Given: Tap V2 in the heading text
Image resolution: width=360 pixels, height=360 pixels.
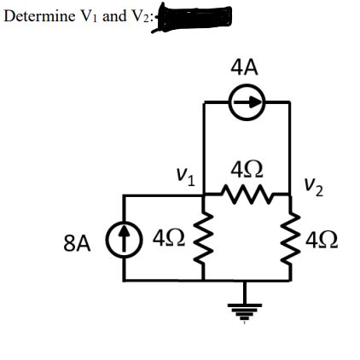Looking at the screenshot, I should click(138, 17).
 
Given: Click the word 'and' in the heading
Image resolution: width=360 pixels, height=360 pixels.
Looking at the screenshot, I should click(113, 16).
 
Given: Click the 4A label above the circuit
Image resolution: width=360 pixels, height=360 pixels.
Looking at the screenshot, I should click(245, 66).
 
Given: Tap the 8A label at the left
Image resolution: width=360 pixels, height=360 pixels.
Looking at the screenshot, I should click(77, 244).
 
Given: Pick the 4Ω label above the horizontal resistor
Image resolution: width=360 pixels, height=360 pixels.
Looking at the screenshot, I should click(247, 167).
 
